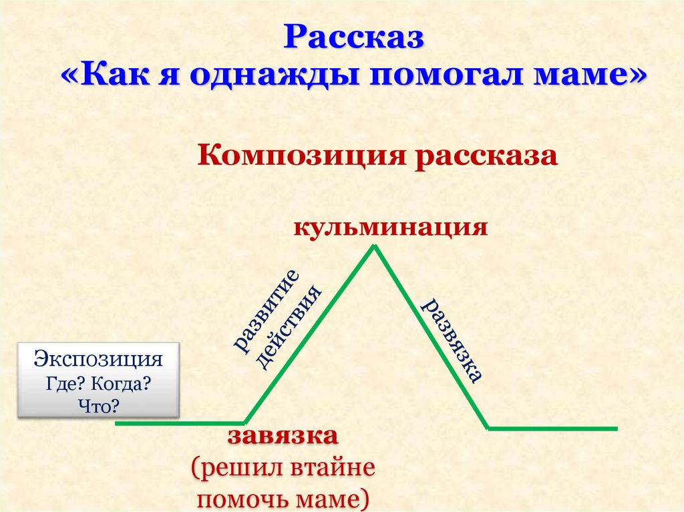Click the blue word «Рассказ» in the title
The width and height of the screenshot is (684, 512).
click(x=354, y=37)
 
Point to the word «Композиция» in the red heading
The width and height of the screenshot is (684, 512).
click(x=302, y=156)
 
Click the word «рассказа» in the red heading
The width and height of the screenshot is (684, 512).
click(x=486, y=156)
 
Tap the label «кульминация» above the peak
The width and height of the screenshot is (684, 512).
click(x=390, y=228)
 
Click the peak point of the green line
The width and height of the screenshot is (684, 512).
click(x=374, y=246)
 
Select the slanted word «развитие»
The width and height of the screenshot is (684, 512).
click(x=267, y=310)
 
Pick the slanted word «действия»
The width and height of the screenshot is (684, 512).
click(x=289, y=327)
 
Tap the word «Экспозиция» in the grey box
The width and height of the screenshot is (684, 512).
click(x=98, y=359)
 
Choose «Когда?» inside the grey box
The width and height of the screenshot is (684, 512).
click(x=122, y=385)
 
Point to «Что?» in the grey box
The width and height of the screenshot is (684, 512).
click(x=99, y=407)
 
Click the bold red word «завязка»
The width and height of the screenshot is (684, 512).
click(x=283, y=435)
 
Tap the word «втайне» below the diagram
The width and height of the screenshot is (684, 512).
click(x=333, y=467)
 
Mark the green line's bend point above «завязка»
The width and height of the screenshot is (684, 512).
click(x=244, y=422)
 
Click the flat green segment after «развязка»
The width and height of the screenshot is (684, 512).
click(x=552, y=429)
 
